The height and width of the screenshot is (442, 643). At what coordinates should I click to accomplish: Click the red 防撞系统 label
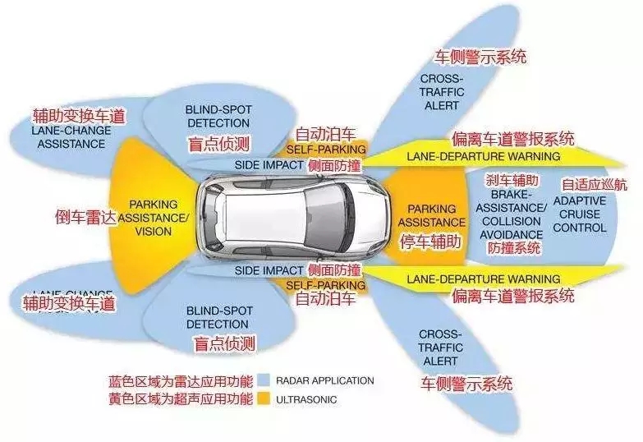[x=514, y=247]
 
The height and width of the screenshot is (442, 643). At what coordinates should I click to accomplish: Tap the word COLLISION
[x=512, y=221]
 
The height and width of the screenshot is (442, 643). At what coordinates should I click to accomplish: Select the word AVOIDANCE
[x=512, y=233]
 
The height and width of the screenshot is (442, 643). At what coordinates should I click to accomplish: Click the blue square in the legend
[x=263, y=381]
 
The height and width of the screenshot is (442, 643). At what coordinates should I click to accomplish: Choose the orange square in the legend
[x=263, y=400]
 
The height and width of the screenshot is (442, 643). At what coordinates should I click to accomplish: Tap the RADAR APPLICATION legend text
[x=326, y=381]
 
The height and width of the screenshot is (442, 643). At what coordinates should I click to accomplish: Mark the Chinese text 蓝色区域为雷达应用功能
[x=181, y=381]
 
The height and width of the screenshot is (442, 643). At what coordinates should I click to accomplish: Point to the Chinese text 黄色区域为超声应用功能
[x=181, y=400]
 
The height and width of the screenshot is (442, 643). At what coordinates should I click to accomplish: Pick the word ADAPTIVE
[x=580, y=200]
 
